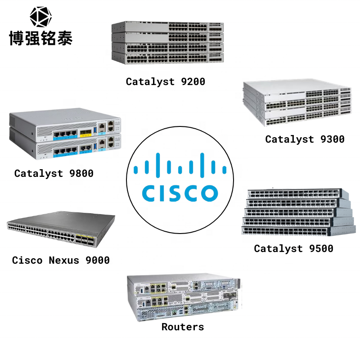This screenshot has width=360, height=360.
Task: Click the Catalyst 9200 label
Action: (165, 81)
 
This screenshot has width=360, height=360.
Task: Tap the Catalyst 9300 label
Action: (305, 139)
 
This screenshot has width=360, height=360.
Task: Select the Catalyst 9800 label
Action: (54, 173)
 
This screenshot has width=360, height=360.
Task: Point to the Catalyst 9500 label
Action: (293, 248)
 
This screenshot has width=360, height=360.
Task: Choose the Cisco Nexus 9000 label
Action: (61, 260)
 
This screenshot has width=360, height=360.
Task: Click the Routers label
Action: (182, 327)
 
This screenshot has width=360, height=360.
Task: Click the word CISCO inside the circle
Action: (180, 192)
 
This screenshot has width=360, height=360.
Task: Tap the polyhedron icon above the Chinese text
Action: (40, 17)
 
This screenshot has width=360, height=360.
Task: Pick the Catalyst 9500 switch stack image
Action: (296, 211)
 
